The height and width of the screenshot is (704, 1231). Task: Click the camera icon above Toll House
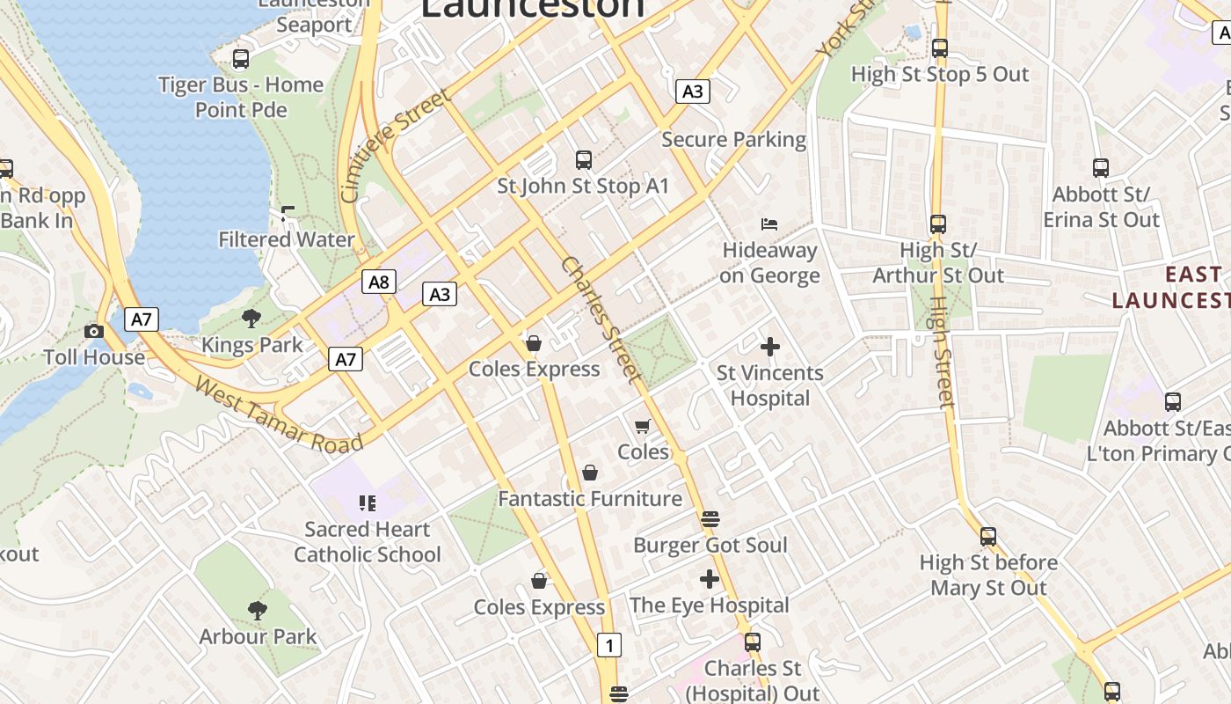(94, 332)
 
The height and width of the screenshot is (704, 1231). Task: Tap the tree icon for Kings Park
(251, 319)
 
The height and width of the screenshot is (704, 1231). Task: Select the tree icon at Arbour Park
(257, 610)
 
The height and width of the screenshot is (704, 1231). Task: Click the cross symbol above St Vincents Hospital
(770, 347)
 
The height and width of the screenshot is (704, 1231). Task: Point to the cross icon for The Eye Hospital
(710, 579)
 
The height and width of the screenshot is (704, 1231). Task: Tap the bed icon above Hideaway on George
(769, 224)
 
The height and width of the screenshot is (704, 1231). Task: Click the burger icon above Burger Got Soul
(710, 519)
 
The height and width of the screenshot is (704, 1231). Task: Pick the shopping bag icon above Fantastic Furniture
(590, 473)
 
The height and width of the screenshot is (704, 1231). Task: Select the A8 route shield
(379, 282)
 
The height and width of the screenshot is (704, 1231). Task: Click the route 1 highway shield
(608, 645)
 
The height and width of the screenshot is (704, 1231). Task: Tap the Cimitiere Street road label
(397, 145)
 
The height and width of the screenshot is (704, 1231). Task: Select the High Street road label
(941, 352)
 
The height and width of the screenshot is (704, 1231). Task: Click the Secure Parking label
(733, 139)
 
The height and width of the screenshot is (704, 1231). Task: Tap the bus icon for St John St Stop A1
(583, 160)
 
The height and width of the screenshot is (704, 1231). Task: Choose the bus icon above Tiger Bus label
(240, 59)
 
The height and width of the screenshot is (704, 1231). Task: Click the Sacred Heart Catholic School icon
(368, 503)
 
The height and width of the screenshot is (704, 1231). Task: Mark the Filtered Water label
(287, 239)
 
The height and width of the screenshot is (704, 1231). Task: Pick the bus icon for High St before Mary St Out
(988, 536)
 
